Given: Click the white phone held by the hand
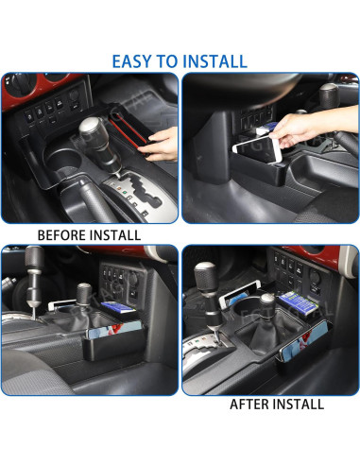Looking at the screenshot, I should tap(266, 146).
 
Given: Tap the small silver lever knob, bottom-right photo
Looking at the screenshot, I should tap(267, 303).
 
